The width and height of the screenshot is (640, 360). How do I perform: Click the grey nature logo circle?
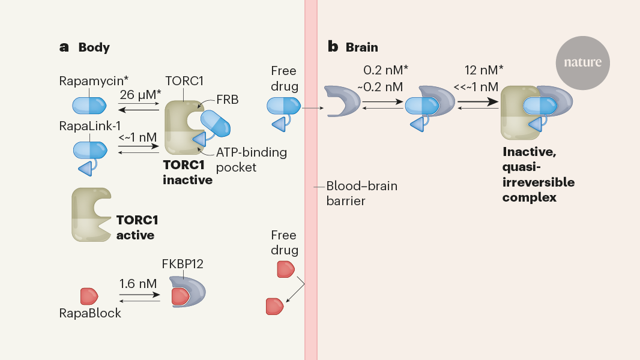[582, 62]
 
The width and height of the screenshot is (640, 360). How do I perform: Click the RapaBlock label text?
[90, 313]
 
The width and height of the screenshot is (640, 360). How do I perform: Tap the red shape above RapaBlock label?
[89, 296]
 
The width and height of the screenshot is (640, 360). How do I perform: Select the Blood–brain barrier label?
[361, 193]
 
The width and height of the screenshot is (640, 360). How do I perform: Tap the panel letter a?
[64, 47]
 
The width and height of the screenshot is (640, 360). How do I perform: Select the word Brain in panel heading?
[361, 47]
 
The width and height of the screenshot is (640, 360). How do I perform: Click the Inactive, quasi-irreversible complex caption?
[537, 175]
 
